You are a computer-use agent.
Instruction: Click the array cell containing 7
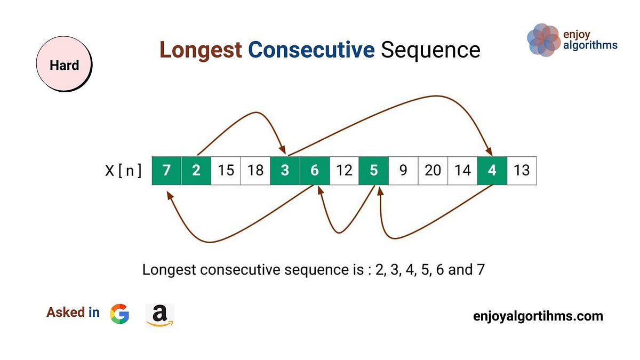tap(167, 171)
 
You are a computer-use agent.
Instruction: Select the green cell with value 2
tap(196, 171)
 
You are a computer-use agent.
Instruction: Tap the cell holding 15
tap(226, 171)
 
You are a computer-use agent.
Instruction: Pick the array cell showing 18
tap(255, 171)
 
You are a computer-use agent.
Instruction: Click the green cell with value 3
tap(285, 171)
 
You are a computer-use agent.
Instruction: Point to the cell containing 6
tap(315, 171)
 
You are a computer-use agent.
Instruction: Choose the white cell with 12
tap(344, 171)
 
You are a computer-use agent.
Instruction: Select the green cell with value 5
tap(373, 171)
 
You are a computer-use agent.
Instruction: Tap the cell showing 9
tap(403, 171)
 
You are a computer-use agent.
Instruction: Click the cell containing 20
tap(433, 171)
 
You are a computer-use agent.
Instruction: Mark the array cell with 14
tap(462, 171)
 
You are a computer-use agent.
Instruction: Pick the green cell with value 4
tap(492, 171)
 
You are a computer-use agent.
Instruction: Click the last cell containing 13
tap(522, 171)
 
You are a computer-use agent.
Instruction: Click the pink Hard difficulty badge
tap(64, 66)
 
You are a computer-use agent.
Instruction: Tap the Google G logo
tap(119, 314)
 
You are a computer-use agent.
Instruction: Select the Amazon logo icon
tap(159, 315)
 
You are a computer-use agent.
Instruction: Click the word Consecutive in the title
tap(311, 50)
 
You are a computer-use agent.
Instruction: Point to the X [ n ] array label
tap(122, 171)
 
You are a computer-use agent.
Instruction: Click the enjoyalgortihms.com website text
tap(538, 316)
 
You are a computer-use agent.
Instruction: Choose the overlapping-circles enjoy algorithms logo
tap(543, 40)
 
